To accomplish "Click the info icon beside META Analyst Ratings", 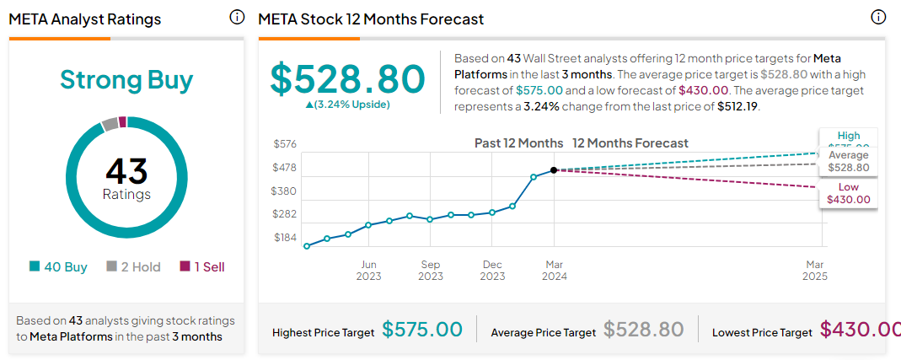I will click(x=237, y=17).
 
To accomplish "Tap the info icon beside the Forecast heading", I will click(x=878, y=17).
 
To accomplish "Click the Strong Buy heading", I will click(x=126, y=80).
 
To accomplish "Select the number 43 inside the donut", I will click(x=126, y=172).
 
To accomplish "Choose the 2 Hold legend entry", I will click(x=133, y=267).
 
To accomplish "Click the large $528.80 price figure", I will click(x=347, y=78).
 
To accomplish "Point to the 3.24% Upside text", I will click(x=354, y=105).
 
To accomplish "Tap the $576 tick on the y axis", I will click(x=285, y=144).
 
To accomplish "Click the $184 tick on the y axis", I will click(x=285, y=238).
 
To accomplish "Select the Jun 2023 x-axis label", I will click(x=368, y=270).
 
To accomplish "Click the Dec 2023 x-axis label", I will click(x=492, y=270).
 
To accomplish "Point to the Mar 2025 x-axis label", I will click(x=815, y=270).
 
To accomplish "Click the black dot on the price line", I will click(x=554, y=170).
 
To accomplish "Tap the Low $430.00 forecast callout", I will click(x=849, y=194).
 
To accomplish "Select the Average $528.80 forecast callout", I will click(x=848, y=162).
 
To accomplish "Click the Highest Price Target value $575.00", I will click(x=422, y=330).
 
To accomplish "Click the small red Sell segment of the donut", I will click(x=122, y=121).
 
